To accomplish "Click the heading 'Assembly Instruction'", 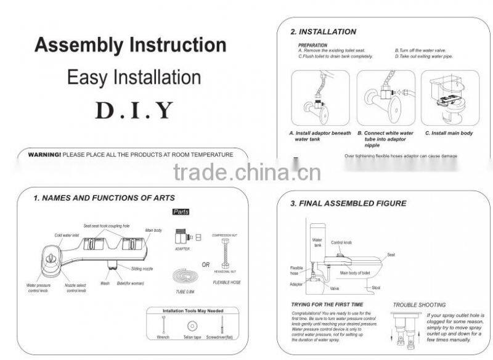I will tap(130, 46).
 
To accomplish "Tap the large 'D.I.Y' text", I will tap(134, 110).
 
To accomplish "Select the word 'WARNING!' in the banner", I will tap(44, 155).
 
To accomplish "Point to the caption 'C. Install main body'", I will tap(449, 133).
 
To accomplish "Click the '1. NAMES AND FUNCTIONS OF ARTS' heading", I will tap(104, 198).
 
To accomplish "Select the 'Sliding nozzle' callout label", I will tap(142, 269).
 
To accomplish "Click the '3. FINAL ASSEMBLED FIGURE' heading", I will tap(348, 203).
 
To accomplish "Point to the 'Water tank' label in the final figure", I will tap(317, 243).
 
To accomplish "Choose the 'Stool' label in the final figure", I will tap(376, 288).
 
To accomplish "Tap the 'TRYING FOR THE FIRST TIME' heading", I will tap(327, 305).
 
